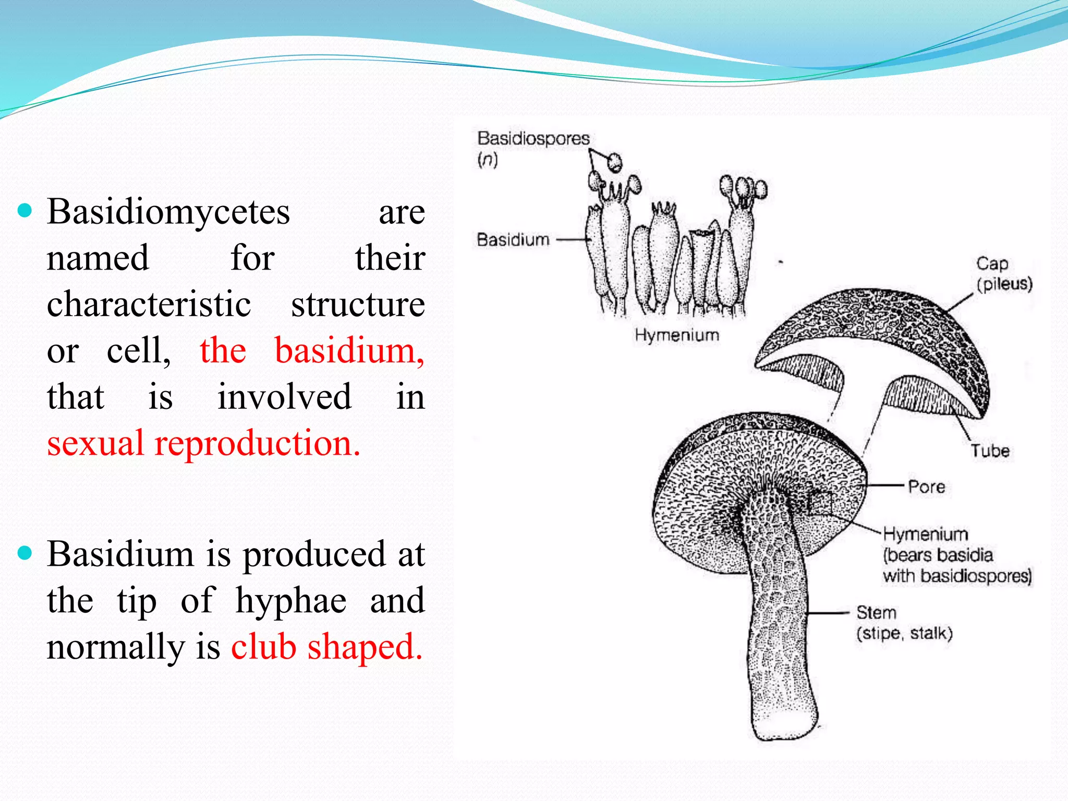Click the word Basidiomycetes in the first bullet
click(x=168, y=212)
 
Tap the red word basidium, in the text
click(x=349, y=350)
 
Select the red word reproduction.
click(x=257, y=443)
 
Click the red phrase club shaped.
click(x=326, y=647)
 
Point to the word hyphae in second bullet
click(x=291, y=601)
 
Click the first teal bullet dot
click(x=25, y=211)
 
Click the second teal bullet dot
click(x=25, y=553)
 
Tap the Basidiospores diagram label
click(x=533, y=139)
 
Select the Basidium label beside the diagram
click(x=513, y=240)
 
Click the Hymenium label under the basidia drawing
click(x=677, y=335)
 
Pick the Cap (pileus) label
click(x=1003, y=274)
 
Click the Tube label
click(x=989, y=451)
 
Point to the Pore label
click(x=926, y=487)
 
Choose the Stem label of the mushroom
click(x=876, y=613)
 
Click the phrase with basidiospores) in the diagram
click(x=957, y=576)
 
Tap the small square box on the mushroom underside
click(x=819, y=503)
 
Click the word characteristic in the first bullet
click(x=149, y=305)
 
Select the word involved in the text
click(x=284, y=397)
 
